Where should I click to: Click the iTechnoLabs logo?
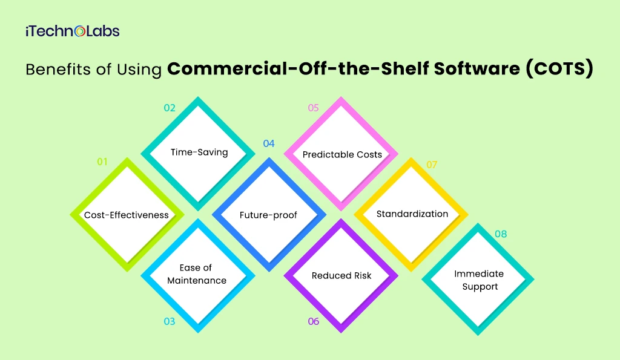click(x=72, y=31)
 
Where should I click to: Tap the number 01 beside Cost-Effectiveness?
click(x=102, y=162)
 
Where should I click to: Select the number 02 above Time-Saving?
click(x=170, y=108)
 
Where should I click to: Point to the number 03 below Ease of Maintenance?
click(x=170, y=321)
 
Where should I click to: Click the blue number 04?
click(x=269, y=143)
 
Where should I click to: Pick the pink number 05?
click(x=313, y=108)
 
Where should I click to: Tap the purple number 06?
click(x=313, y=321)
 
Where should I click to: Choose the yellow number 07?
click(x=432, y=165)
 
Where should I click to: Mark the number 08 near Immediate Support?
click(x=501, y=234)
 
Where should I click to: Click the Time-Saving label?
click(x=199, y=152)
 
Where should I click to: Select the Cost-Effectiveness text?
click(x=127, y=215)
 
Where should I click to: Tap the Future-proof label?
click(x=268, y=215)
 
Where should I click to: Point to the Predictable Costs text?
click(x=342, y=154)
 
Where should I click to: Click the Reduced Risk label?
click(x=341, y=275)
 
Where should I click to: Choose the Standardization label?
click(x=412, y=214)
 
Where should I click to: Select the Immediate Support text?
click(x=479, y=280)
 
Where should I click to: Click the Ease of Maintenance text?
click(x=197, y=274)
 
